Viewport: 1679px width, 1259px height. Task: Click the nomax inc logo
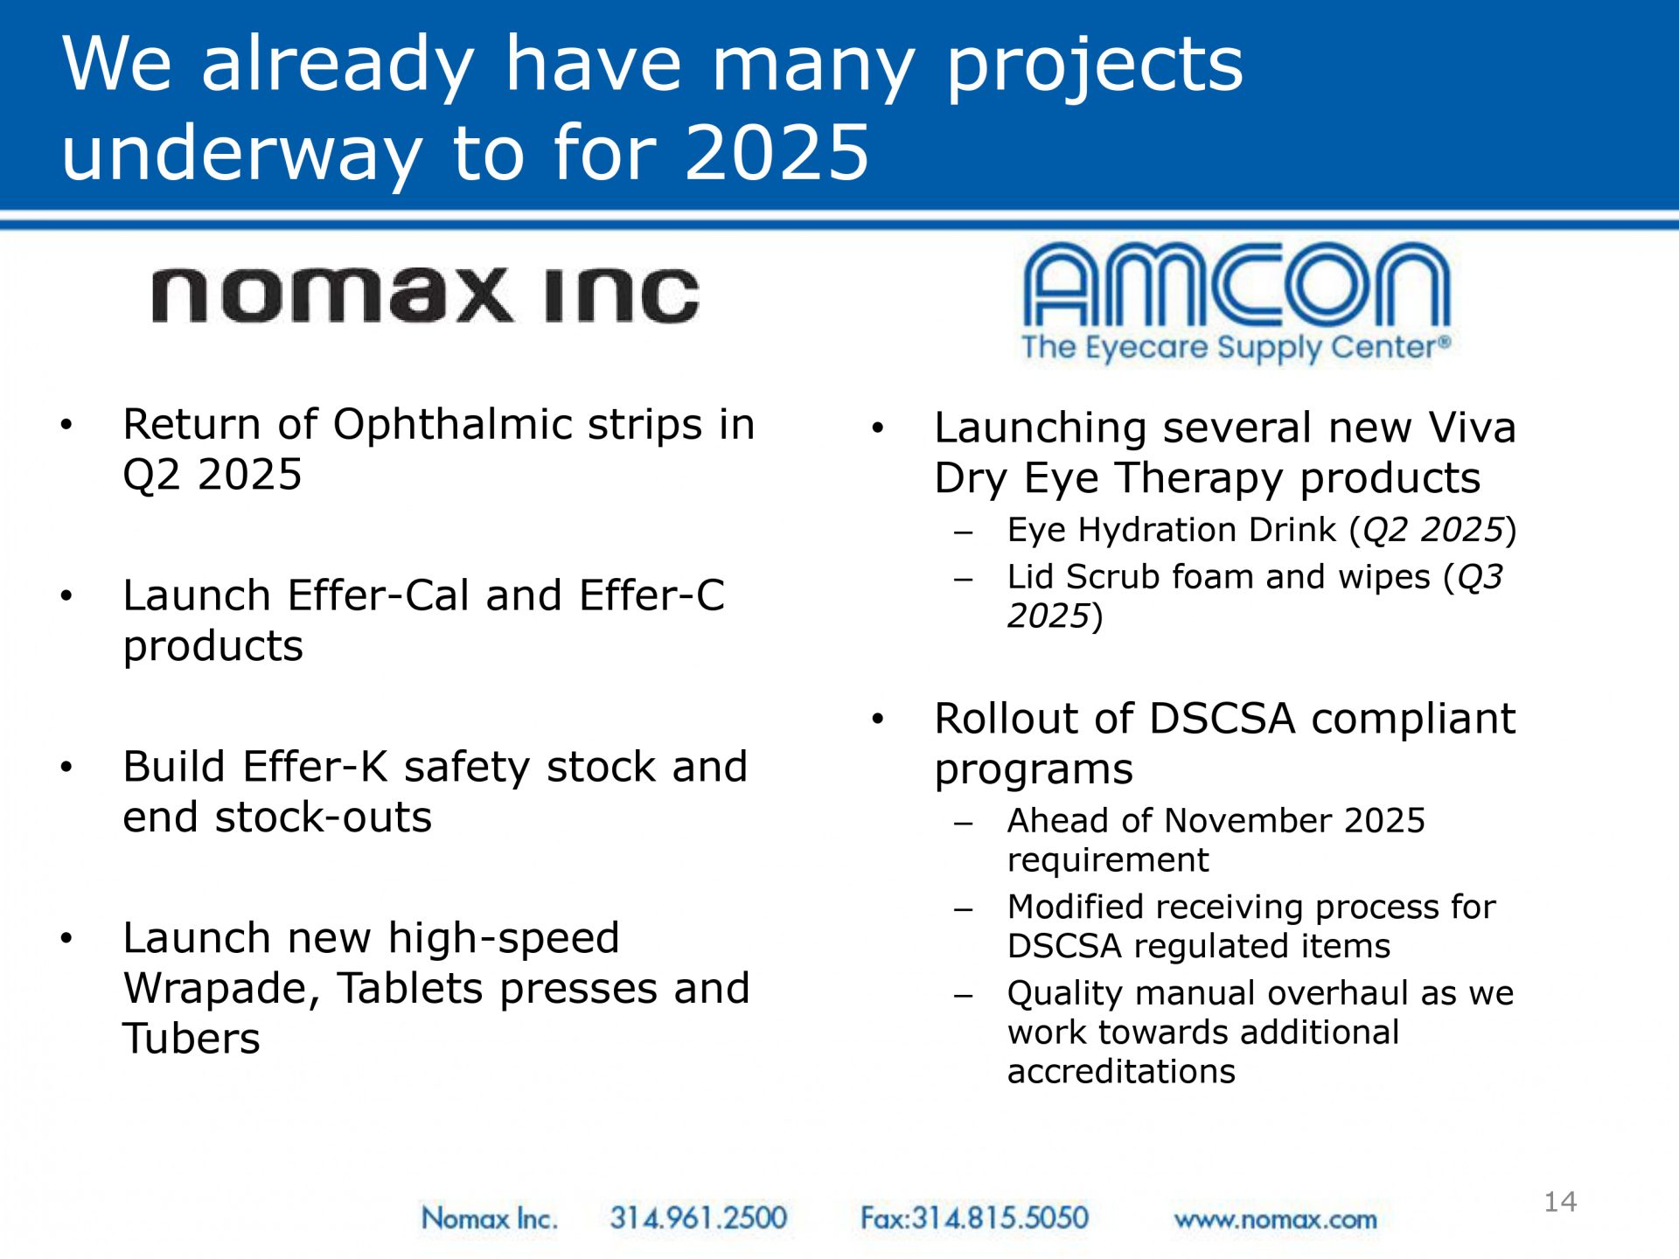coord(426,295)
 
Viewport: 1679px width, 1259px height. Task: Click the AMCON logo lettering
coord(1237,284)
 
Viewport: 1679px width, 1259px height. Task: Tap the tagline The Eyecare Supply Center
coord(1237,347)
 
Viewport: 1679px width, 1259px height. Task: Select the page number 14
coord(1560,1201)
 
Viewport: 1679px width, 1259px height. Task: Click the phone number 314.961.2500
coord(699,1217)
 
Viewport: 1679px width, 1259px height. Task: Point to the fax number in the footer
coord(974,1217)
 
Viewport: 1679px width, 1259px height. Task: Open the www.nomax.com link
coord(1275,1219)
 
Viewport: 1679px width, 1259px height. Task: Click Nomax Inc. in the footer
coord(489,1217)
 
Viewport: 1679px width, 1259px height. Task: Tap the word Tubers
coord(192,1039)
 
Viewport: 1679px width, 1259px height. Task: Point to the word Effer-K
coord(316,767)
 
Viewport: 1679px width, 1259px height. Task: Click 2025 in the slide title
coord(777,152)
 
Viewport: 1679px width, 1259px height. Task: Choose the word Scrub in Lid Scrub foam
coord(1113,577)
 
